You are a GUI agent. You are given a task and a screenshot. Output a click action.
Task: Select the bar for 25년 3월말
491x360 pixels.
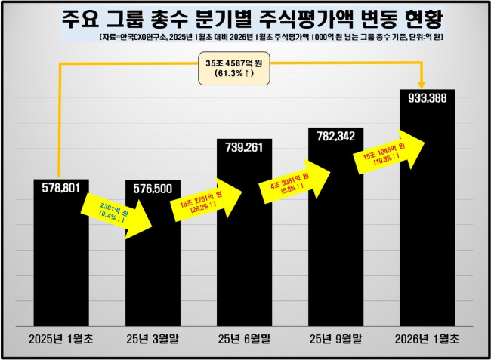[152, 279]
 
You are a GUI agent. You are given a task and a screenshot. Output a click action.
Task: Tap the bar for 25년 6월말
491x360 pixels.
[244, 249]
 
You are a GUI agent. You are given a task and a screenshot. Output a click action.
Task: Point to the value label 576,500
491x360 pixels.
[152, 188]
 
